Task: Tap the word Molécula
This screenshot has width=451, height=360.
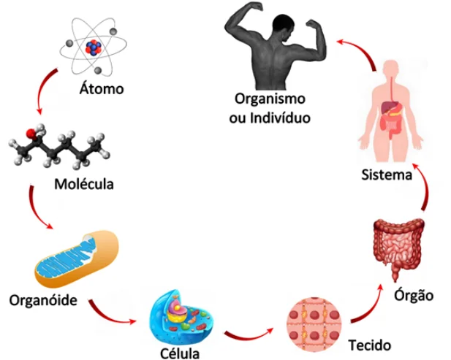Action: [x=84, y=183]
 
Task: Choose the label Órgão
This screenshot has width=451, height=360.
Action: [x=414, y=296]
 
